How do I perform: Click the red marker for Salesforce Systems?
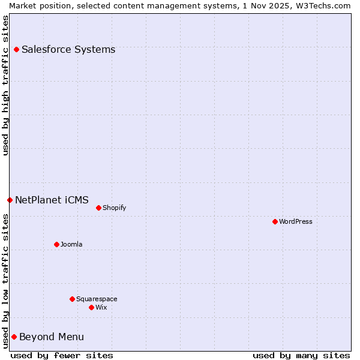(x=16, y=49)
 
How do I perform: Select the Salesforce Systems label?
(x=68, y=49)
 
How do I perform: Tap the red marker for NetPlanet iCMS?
(x=10, y=200)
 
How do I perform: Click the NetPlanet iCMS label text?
(x=52, y=200)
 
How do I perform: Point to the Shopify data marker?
(x=98, y=208)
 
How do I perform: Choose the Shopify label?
(x=114, y=208)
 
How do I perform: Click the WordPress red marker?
(x=275, y=221)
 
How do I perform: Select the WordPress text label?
(x=296, y=221)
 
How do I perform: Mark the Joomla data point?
(x=56, y=244)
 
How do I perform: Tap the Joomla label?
(x=71, y=244)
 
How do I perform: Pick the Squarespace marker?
(x=72, y=299)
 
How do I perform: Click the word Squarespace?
(x=97, y=299)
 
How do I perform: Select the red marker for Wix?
(x=91, y=307)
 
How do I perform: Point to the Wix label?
(x=101, y=307)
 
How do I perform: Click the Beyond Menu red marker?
(x=14, y=337)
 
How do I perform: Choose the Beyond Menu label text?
(x=52, y=337)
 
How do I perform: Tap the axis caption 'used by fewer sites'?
(x=62, y=355)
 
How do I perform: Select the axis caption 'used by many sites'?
(x=301, y=355)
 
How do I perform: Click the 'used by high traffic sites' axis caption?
(x=5, y=85)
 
